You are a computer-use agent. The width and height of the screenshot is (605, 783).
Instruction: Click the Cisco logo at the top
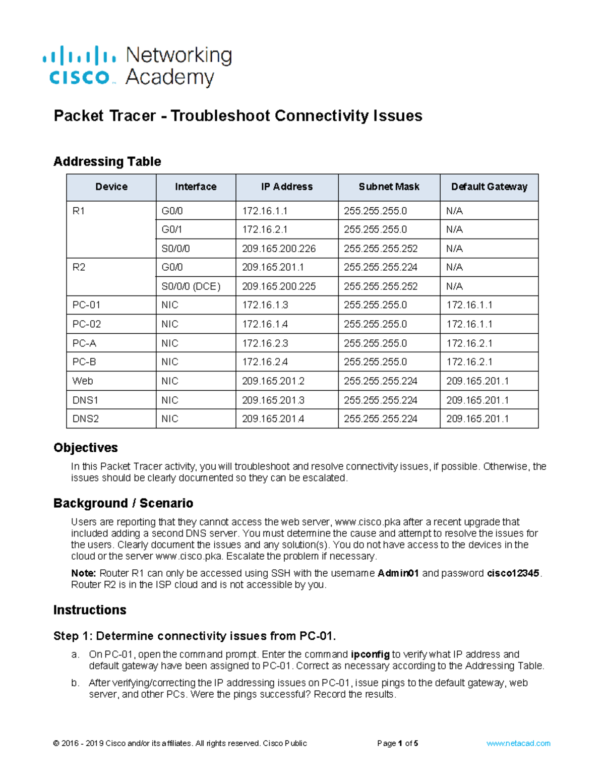[x=80, y=66]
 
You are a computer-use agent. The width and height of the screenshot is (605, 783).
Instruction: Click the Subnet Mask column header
[x=389, y=187]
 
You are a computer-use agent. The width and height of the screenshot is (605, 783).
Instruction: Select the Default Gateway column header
[x=489, y=187]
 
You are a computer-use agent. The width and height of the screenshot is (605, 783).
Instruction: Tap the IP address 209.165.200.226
[x=279, y=249]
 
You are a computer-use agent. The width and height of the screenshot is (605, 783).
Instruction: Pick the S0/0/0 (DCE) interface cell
[x=191, y=286]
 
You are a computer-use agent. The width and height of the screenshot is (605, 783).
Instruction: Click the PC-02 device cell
[x=87, y=324]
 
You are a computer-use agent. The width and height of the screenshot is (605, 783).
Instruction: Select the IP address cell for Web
[x=273, y=381]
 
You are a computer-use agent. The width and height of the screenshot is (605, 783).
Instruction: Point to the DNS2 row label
[x=86, y=419]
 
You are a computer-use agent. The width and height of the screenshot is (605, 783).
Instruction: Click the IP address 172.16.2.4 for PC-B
[x=265, y=362]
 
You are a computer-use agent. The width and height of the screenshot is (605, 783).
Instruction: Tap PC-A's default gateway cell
[x=469, y=343]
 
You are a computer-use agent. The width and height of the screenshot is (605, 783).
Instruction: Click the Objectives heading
[x=85, y=448]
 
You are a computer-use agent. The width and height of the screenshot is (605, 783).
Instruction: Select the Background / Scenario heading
[x=123, y=503]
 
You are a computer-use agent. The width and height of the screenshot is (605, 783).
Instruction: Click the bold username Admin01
[x=398, y=573]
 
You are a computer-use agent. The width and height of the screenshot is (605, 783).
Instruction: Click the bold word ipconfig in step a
[x=370, y=654]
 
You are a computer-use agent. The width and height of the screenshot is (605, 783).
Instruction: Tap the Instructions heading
[x=90, y=610]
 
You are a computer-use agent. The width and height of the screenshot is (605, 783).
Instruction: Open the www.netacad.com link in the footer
[x=518, y=743]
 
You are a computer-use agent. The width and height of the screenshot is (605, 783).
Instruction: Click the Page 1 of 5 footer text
[x=397, y=743]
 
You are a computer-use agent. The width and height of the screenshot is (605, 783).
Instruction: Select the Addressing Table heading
[x=107, y=161]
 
